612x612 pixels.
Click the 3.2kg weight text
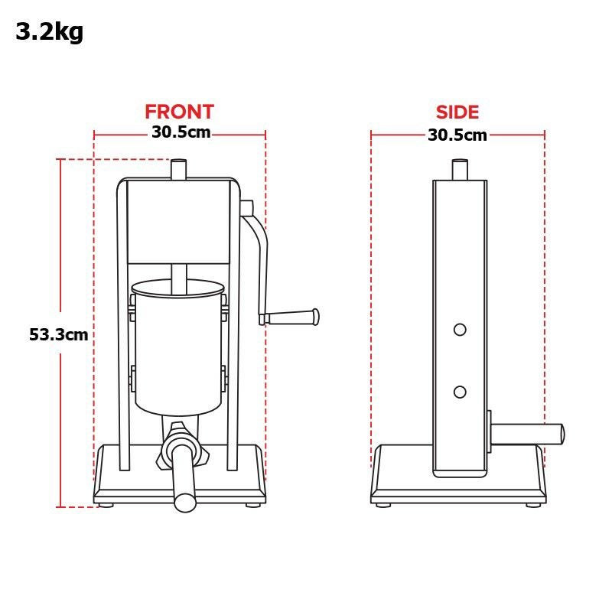[x=49, y=33]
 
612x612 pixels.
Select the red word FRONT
[x=179, y=112]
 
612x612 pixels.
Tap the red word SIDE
[x=457, y=112]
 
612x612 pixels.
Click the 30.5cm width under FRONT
[x=181, y=132]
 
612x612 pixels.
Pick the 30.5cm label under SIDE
[x=457, y=135]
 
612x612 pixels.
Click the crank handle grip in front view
[x=294, y=316]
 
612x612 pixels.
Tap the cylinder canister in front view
[x=177, y=348]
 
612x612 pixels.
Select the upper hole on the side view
[x=460, y=329]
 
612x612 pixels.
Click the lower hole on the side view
[x=460, y=392]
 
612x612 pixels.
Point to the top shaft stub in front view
[x=179, y=169]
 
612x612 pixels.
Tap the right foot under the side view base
[x=532, y=504]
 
